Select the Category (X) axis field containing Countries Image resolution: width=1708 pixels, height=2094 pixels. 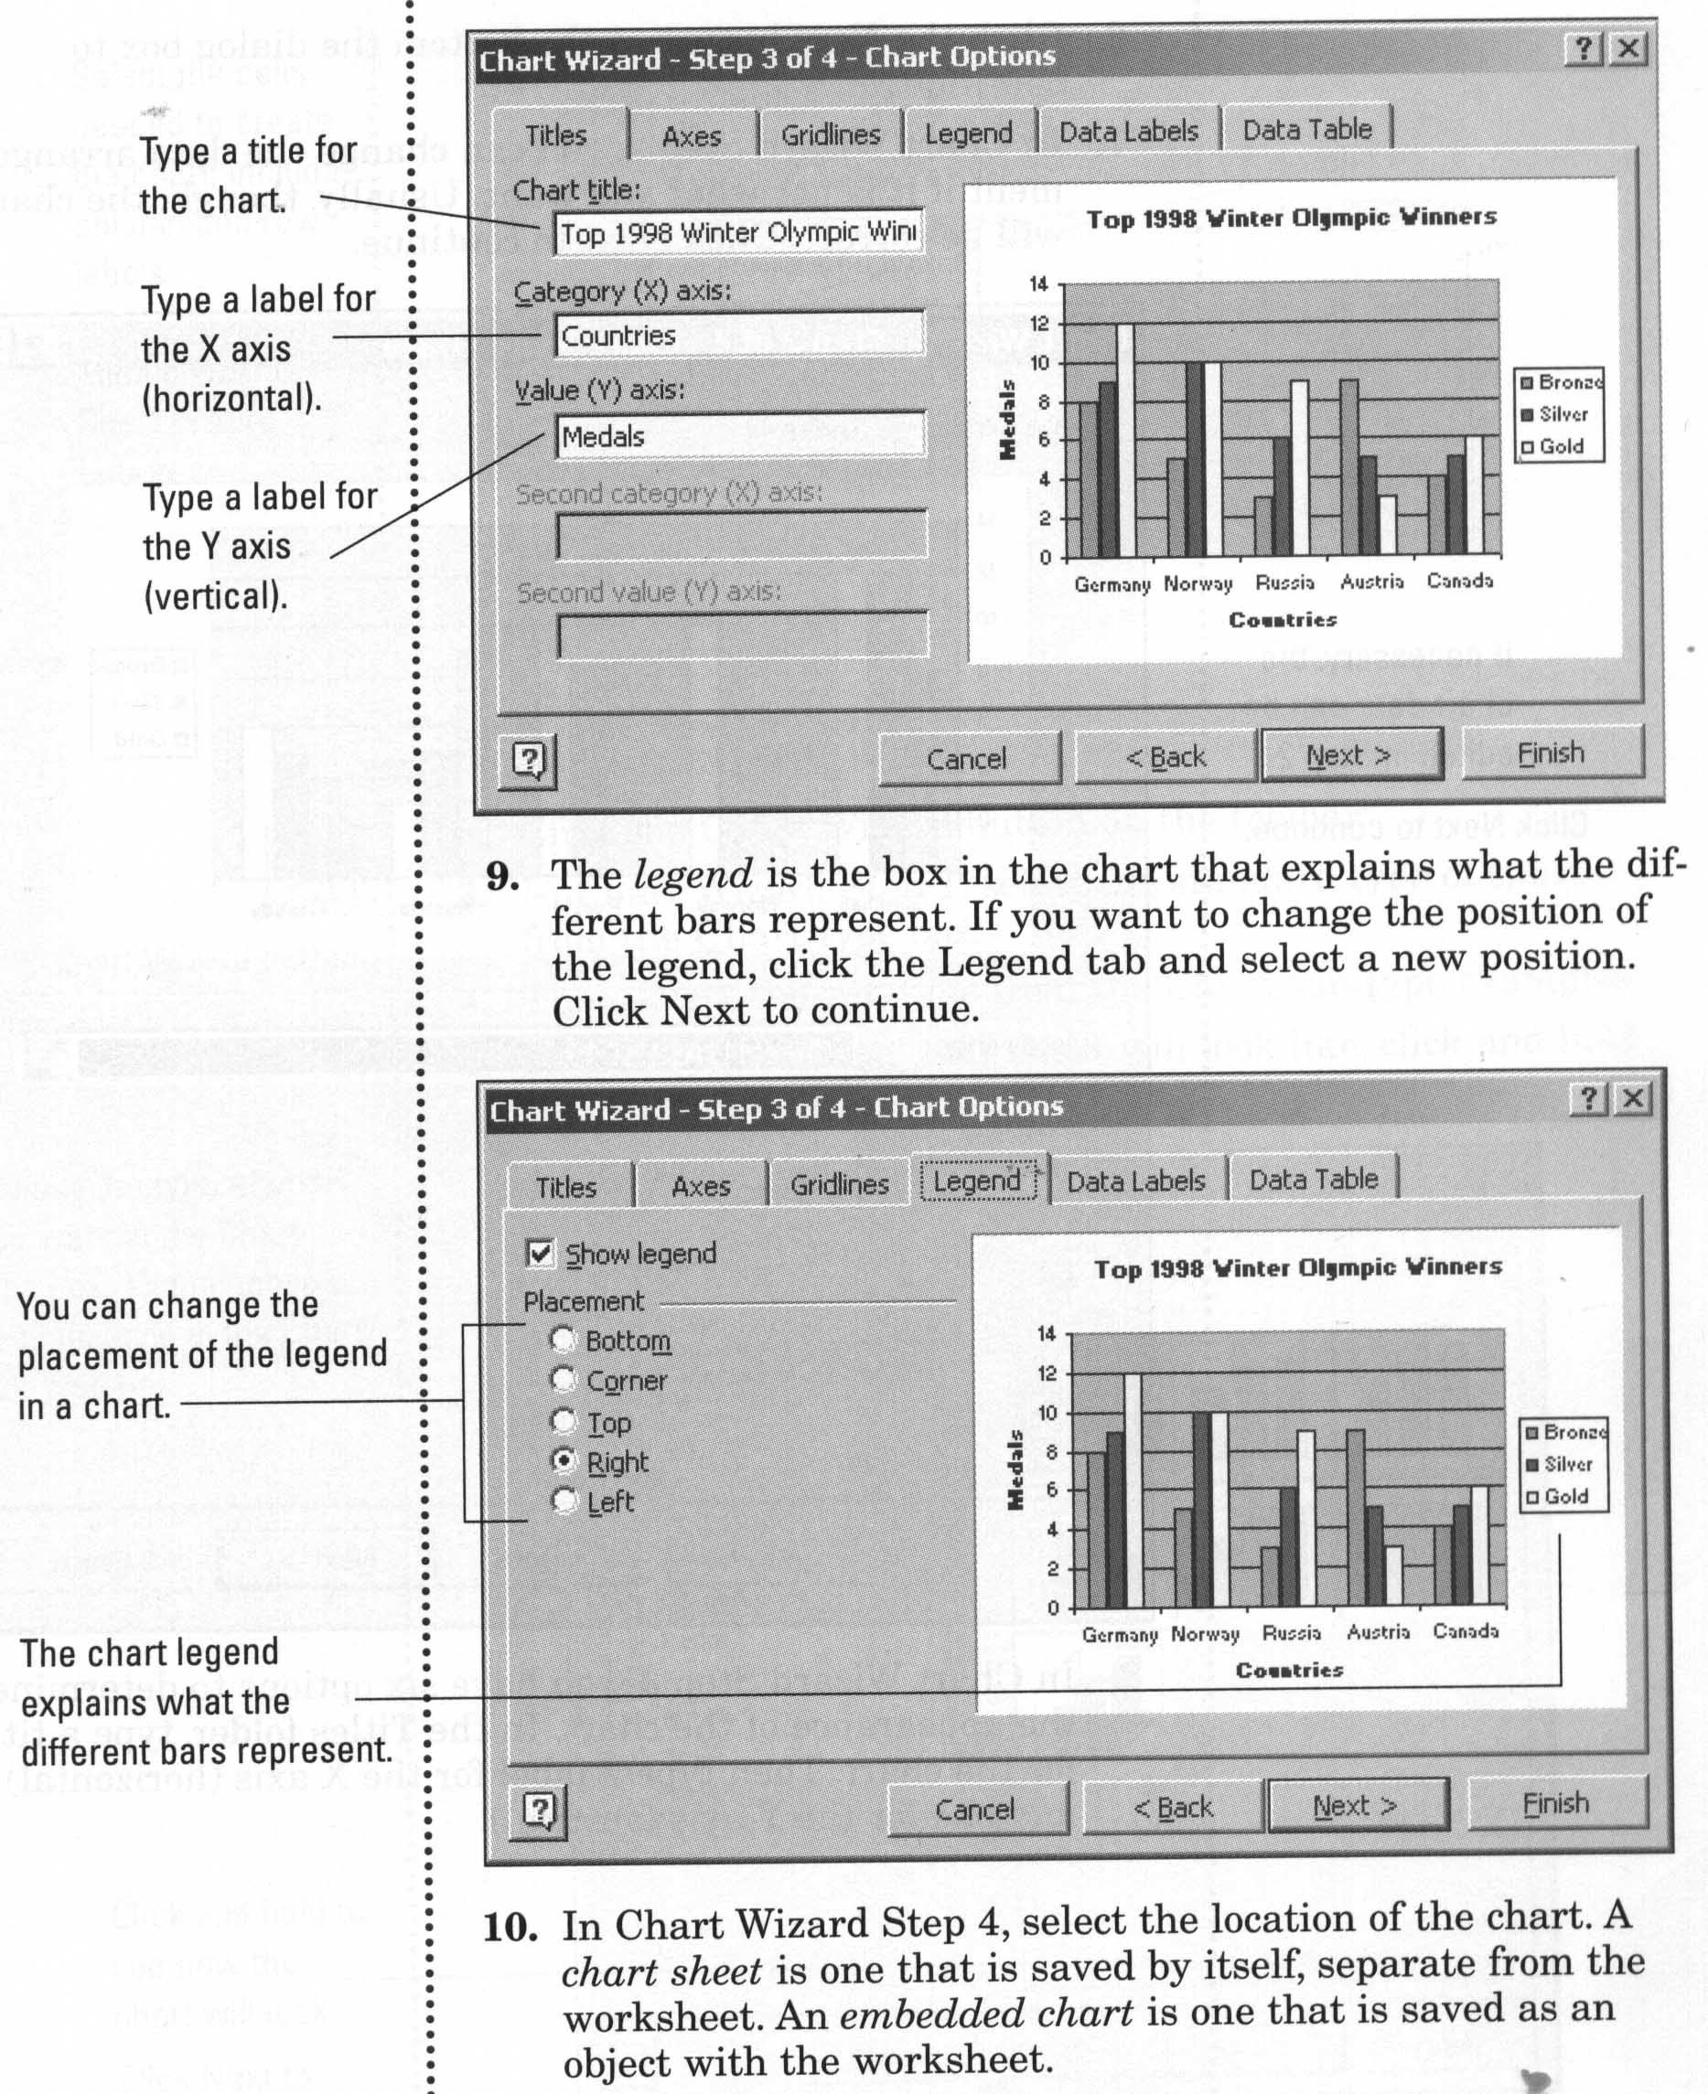click(738, 336)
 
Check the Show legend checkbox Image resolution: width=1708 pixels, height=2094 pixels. click(540, 1253)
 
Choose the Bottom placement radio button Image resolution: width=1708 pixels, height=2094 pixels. click(563, 1340)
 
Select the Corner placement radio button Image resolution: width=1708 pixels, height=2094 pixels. click(563, 1380)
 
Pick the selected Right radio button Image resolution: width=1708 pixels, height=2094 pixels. click(563, 1460)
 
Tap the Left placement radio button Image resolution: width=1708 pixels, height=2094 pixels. click(563, 1501)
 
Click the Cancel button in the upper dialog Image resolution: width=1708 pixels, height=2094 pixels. click(967, 758)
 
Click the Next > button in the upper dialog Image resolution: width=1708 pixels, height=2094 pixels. click(1350, 755)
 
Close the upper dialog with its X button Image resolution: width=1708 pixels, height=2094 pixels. click(1628, 48)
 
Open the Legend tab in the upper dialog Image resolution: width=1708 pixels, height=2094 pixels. click(968, 134)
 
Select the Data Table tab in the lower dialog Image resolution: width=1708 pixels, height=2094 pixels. click(1313, 1179)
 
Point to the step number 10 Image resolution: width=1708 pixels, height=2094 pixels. click(510, 1927)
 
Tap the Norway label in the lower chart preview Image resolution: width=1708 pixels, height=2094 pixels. click(1205, 1634)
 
